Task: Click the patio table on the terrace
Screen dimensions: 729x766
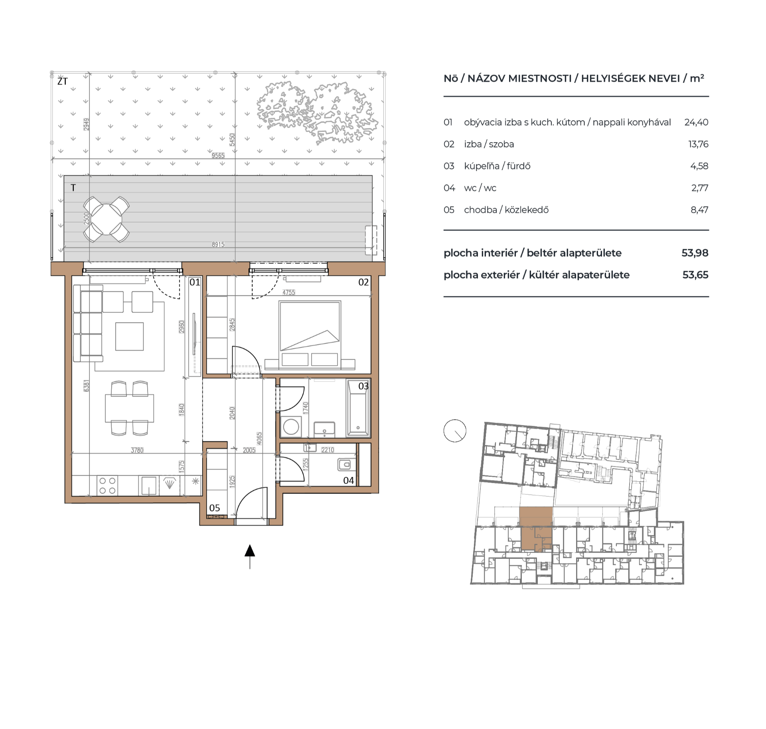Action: tap(107, 219)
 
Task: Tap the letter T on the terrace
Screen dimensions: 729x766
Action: tap(73, 188)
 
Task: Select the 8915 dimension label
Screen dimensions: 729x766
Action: tap(218, 244)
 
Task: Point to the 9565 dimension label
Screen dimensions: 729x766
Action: tap(218, 155)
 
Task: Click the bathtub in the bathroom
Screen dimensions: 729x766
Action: tap(358, 408)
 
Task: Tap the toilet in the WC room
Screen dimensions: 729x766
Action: tap(345, 464)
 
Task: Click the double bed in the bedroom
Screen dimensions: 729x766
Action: tap(310, 333)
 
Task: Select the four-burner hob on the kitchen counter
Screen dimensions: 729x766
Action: tap(107, 486)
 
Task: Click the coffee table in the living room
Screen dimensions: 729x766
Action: tap(129, 336)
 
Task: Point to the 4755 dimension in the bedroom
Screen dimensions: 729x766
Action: tap(288, 292)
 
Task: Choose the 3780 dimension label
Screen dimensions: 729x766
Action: tap(137, 450)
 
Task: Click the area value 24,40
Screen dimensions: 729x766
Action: tap(696, 122)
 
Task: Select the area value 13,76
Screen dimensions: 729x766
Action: tap(698, 144)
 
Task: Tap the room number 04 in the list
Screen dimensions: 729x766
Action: tap(449, 188)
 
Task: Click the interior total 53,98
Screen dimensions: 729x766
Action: tap(695, 253)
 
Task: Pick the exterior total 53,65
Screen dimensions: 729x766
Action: tap(695, 275)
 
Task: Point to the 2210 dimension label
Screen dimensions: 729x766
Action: tap(328, 450)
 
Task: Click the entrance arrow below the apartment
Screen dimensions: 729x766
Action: tap(250, 551)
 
